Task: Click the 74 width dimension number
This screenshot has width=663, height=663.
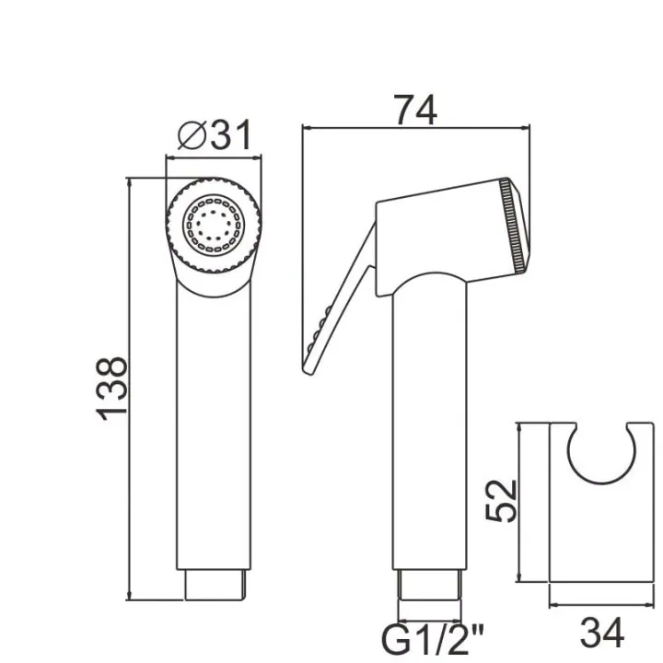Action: point(415,110)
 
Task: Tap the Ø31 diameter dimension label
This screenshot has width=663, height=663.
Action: point(215,134)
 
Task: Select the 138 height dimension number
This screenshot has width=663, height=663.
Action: point(111,389)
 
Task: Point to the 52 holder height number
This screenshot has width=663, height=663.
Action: point(501,501)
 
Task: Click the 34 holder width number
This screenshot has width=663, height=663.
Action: point(601,633)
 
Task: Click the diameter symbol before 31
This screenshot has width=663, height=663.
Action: point(192,134)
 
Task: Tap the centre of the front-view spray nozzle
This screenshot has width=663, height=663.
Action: point(214,226)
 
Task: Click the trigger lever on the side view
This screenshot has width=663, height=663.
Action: point(339,300)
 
